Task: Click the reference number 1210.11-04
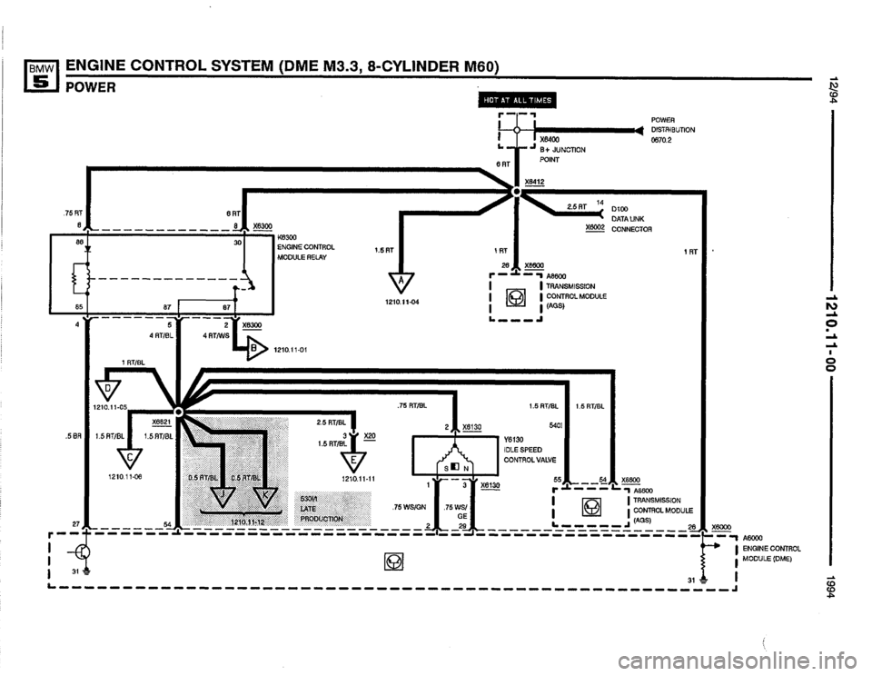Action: coord(400,301)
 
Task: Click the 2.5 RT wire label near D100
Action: coord(579,207)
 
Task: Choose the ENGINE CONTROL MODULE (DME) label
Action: coord(770,548)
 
